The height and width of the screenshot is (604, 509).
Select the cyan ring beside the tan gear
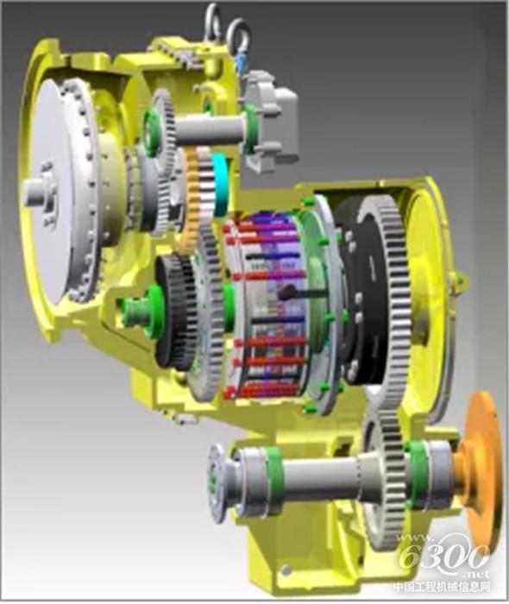coord(221,184)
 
